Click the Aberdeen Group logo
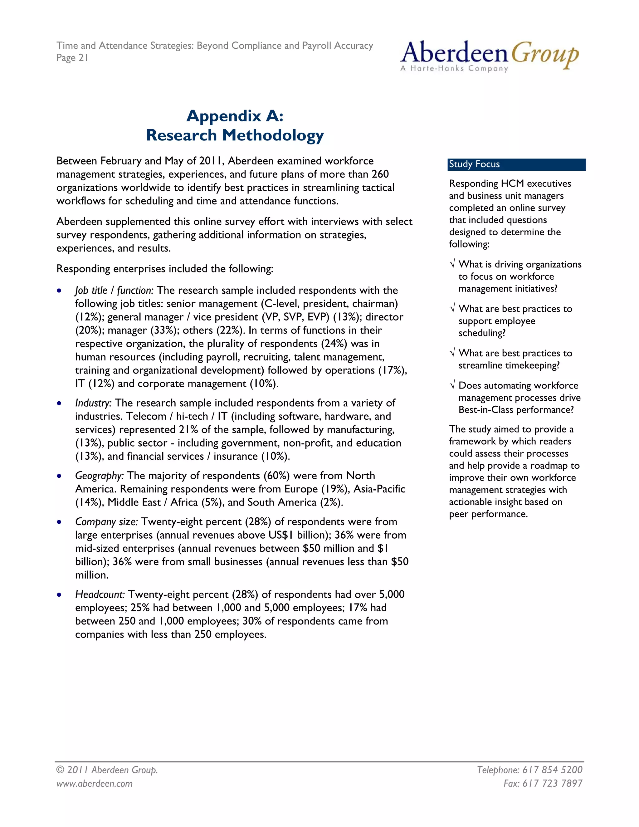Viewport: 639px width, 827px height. point(489,56)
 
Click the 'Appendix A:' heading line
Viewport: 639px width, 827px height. point(235,115)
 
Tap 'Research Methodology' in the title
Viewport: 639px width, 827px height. point(235,135)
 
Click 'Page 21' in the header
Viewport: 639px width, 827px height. point(72,58)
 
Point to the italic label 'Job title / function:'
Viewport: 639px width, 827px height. point(114,291)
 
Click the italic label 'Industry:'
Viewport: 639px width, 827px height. point(93,403)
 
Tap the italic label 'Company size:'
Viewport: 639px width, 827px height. point(106,522)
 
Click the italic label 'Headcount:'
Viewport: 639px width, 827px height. point(100,595)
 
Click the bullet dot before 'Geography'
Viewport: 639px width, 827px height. point(59,476)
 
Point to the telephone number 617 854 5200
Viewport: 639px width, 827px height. point(552,770)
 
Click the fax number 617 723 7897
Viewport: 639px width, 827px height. point(552,783)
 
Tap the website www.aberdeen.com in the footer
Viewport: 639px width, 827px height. point(95,783)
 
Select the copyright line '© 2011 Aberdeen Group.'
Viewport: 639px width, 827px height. point(107,770)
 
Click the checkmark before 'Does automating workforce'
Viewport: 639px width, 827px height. point(452,385)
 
